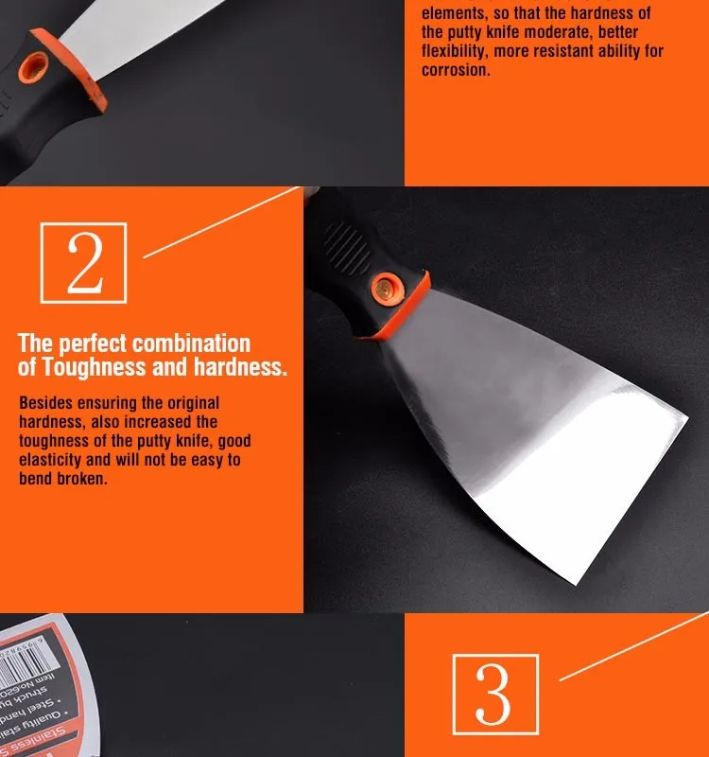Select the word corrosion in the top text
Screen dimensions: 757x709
[456, 71]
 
